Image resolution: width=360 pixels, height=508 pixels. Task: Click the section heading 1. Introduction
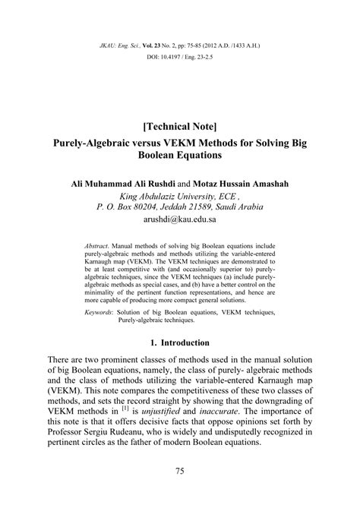point(180,344)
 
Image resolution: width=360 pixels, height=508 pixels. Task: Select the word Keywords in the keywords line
point(100,313)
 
